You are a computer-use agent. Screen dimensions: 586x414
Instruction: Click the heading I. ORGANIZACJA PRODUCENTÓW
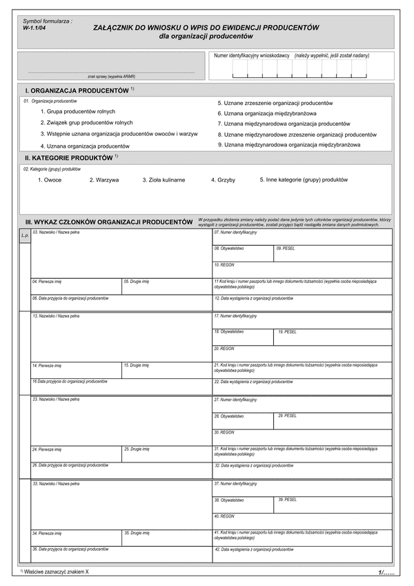pyautogui.click(x=77, y=90)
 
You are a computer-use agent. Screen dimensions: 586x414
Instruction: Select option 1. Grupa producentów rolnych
pyautogui.click(x=78, y=111)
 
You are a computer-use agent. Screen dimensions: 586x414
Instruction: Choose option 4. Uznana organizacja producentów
pyautogui.click(x=84, y=146)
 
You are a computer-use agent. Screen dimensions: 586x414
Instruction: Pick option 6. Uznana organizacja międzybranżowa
pyautogui.click(x=267, y=113)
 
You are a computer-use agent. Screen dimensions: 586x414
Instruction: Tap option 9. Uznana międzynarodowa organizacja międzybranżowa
pyautogui.click(x=289, y=145)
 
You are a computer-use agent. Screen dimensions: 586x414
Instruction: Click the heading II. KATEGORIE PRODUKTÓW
pyautogui.click(x=68, y=158)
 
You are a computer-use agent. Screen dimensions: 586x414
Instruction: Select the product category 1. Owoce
pyautogui.click(x=50, y=179)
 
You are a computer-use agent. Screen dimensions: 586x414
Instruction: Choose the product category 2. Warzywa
pyautogui.click(x=104, y=179)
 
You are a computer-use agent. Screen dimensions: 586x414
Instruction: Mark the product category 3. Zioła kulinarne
pyautogui.click(x=164, y=179)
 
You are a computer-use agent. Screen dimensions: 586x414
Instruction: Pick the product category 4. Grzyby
pyautogui.click(x=223, y=179)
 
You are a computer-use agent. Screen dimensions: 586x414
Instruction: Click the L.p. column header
pyautogui.click(x=25, y=235)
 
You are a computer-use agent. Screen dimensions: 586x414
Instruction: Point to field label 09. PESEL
pyautogui.click(x=286, y=248)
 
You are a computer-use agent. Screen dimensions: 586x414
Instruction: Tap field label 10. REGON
pyautogui.click(x=224, y=264)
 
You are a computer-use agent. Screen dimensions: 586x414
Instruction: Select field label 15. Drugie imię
pyautogui.click(x=137, y=365)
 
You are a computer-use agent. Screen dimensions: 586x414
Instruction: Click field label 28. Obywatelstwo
pyautogui.click(x=228, y=416)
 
